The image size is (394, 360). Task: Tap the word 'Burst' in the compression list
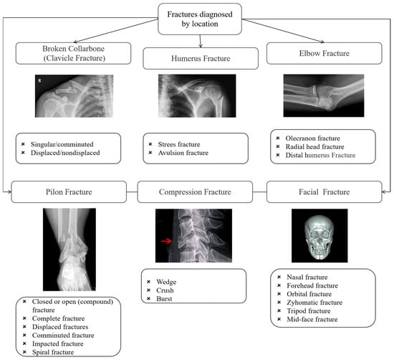167,298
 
